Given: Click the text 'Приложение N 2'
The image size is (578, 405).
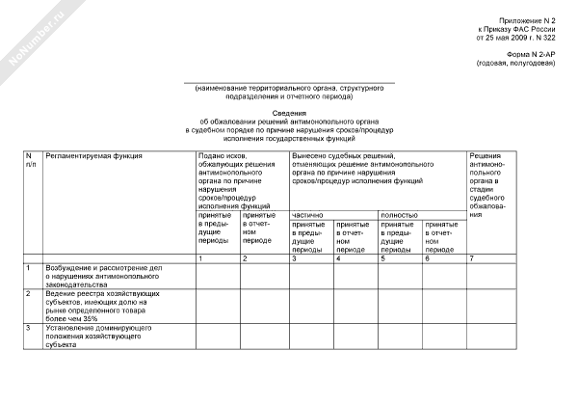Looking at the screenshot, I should pyautogui.click(x=527, y=20).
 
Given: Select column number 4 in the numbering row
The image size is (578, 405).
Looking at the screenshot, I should pyautogui.click(x=338, y=258).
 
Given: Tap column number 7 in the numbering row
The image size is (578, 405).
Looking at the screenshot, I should pyautogui.click(x=471, y=258).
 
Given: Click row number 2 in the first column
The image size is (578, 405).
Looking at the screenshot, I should pyautogui.click(x=29, y=292).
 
